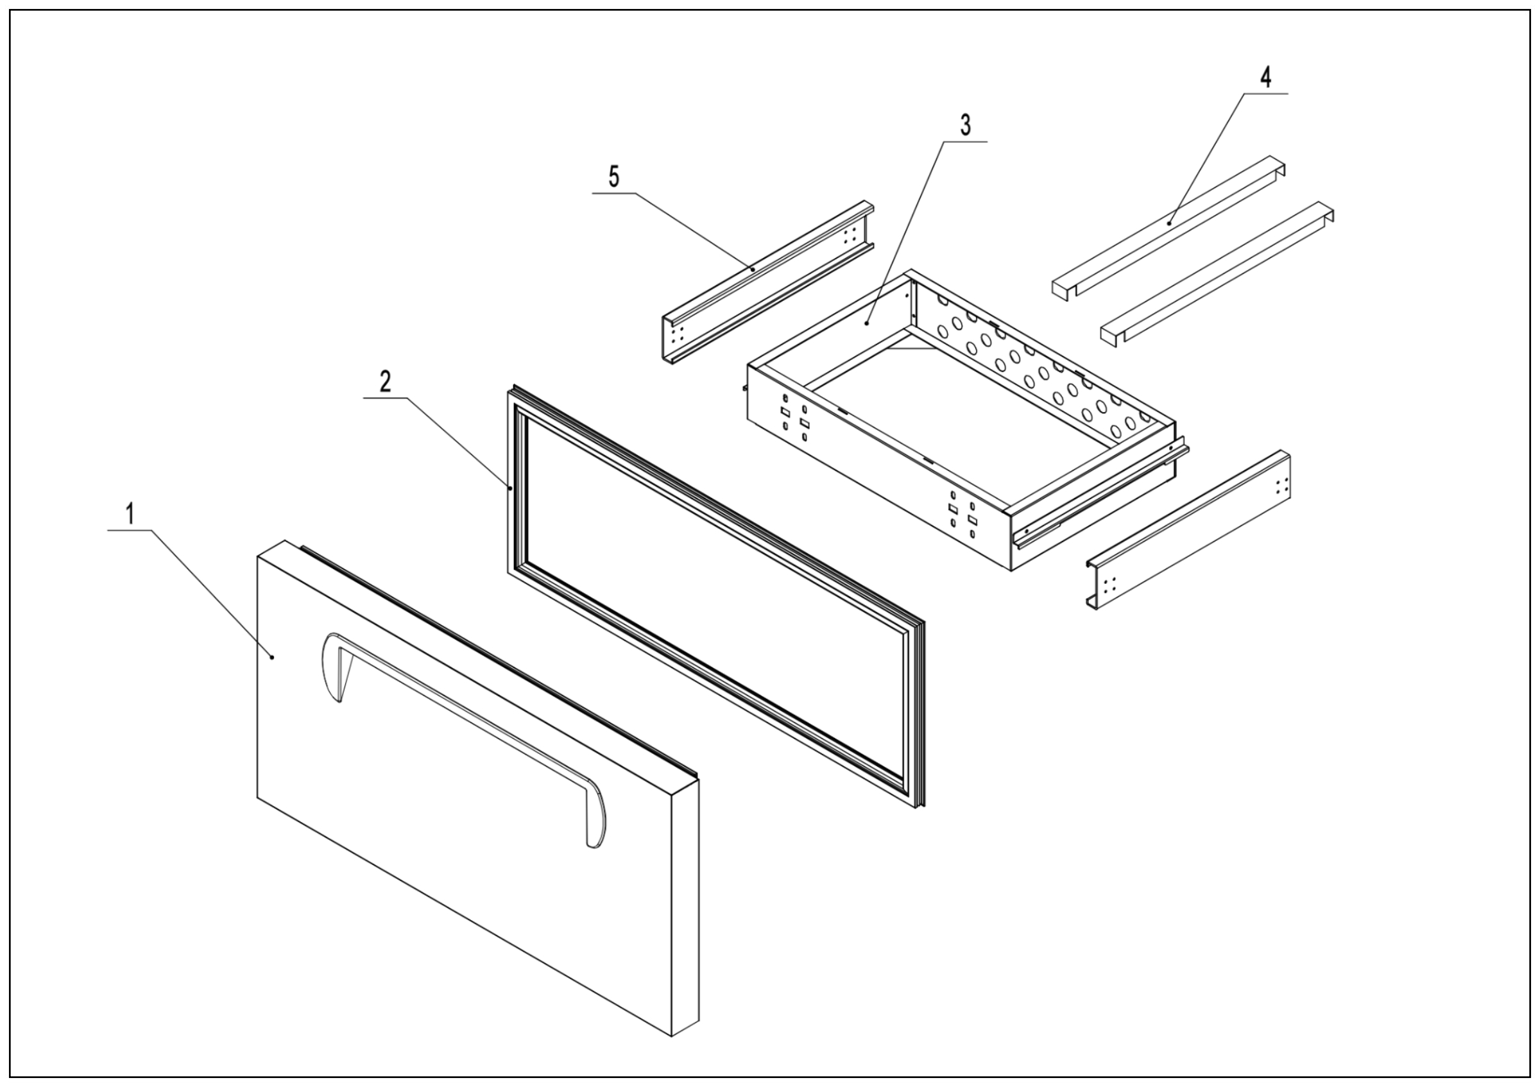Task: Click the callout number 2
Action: (385, 382)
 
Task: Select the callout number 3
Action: (965, 125)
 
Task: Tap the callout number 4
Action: (1265, 78)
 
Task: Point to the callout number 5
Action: (613, 177)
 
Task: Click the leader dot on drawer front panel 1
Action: (272, 658)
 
